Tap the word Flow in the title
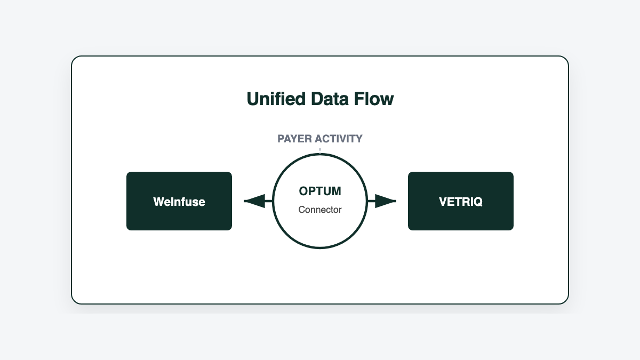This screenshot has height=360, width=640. coord(376,99)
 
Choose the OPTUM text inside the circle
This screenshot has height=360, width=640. coord(320,191)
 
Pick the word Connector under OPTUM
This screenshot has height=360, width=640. coord(320,210)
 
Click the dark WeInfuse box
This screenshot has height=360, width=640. coord(179,201)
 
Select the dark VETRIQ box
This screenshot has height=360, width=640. coord(461,201)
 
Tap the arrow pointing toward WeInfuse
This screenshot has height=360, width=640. coord(256,201)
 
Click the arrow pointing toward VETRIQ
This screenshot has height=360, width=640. coord(384,201)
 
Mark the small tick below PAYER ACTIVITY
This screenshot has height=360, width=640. coord(320,151)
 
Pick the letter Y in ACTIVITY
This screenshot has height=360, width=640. coord(358,139)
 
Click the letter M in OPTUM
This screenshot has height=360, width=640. coord(335,191)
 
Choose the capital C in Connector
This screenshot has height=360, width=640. coord(302,210)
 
